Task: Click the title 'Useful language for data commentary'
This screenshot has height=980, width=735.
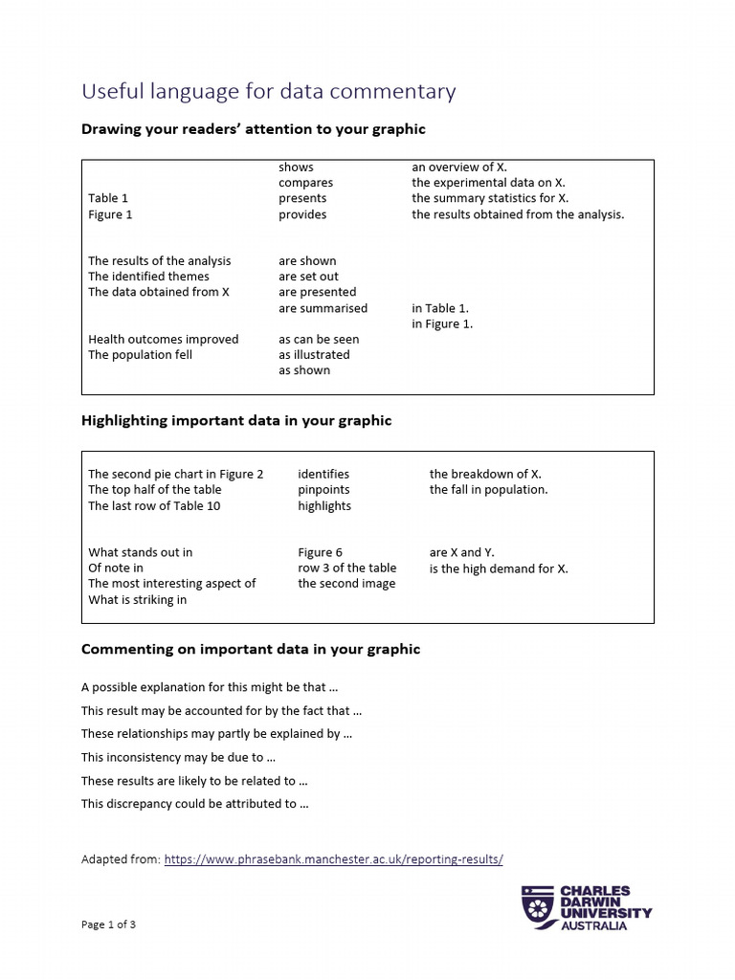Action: coord(268,92)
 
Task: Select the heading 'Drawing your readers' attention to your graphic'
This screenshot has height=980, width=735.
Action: coord(253,128)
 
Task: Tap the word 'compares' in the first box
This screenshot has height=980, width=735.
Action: coord(306,183)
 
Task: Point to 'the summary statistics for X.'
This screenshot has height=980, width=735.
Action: coord(490,198)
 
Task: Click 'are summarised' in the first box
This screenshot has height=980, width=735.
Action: coord(323,308)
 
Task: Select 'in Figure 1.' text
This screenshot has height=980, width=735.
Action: coord(442,323)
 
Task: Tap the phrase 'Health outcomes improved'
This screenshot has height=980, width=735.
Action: coord(164,339)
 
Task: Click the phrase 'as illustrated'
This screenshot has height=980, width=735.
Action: coord(314,354)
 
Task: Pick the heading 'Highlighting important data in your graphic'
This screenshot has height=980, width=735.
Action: coord(236,420)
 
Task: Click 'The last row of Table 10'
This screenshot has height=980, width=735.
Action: coord(154,505)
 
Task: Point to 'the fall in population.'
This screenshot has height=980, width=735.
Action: coord(488,489)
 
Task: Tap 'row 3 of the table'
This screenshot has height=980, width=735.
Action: coord(346,568)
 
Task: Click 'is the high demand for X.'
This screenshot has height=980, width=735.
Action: coord(499,568)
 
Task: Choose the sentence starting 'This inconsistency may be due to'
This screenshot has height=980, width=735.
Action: coord(171,757)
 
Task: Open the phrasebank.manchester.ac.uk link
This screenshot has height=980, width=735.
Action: coord(333,859)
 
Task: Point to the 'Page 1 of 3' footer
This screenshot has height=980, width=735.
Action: coord(115,924)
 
